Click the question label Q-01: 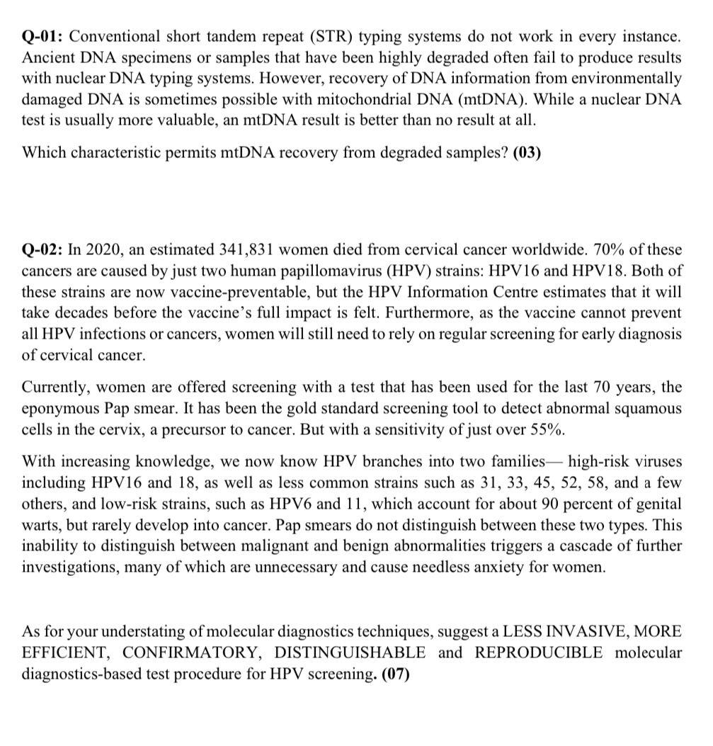point(43,35)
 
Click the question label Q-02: point(43,250)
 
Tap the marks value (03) point(526,152)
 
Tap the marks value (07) point(395,674)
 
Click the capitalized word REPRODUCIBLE point(539,652)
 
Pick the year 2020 point(101,250)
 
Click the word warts point(41,526)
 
